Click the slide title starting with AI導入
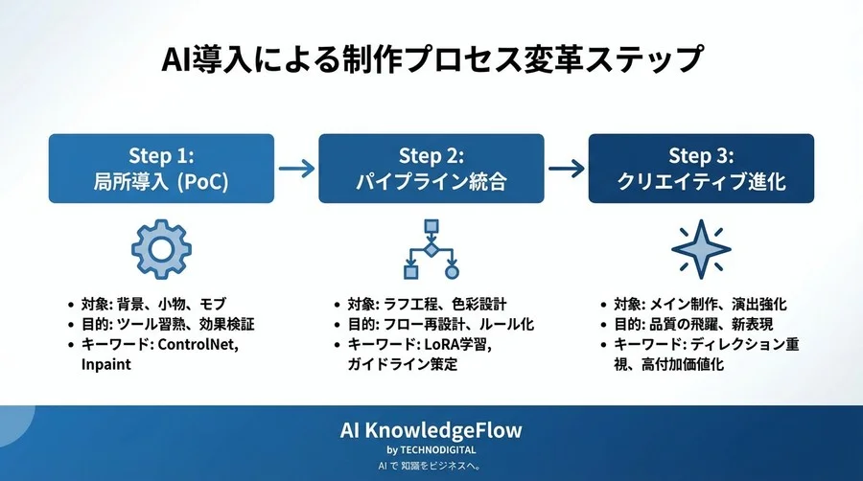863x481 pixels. coord(431,59)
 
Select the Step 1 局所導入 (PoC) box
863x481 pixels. coord(161,168)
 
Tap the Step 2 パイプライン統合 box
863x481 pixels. coord(431,168)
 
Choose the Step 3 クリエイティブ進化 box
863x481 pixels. coord(701,168)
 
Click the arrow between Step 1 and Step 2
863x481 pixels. coord(295,169)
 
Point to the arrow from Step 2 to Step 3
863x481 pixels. coord(566,169)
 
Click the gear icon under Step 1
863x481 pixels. coord(161,247)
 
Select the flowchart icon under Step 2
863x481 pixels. coord(431,248)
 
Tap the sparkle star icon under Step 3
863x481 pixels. coord(701,248)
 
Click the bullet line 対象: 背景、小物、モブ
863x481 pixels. coord(164,304)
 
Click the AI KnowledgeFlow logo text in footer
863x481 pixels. coord(431,429)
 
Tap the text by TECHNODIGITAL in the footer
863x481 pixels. coord(431,449)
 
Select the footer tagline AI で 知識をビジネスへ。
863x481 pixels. coord(431,466)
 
